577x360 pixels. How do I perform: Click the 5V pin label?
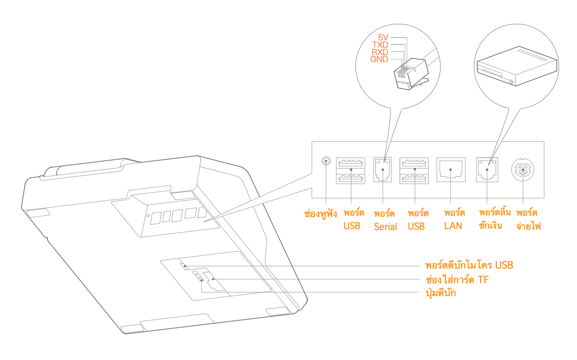[383, 38]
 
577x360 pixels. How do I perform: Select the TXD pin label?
[380, 45]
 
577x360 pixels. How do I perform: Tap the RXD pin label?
[379, 52]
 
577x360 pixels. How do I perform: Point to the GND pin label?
[379, 59]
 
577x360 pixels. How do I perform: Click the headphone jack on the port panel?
[326, 161]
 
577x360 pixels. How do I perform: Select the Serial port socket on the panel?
[383, 170]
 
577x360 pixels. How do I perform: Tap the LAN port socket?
[451, 170]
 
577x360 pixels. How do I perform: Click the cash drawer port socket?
[487, 170]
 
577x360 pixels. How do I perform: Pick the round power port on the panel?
[523, 170]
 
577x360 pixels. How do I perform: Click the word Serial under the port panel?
[385, 227]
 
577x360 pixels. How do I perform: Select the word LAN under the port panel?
[453, 226]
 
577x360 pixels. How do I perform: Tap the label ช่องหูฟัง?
[321, 214]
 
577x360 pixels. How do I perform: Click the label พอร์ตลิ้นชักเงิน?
[494, 219]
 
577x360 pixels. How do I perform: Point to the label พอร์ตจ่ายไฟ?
[528, 219]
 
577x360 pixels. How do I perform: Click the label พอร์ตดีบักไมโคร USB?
[470, 265]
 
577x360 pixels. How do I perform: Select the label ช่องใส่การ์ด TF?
[457, 280]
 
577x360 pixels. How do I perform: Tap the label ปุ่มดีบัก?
[441, 293]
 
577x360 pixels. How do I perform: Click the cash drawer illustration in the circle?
[517, 66]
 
